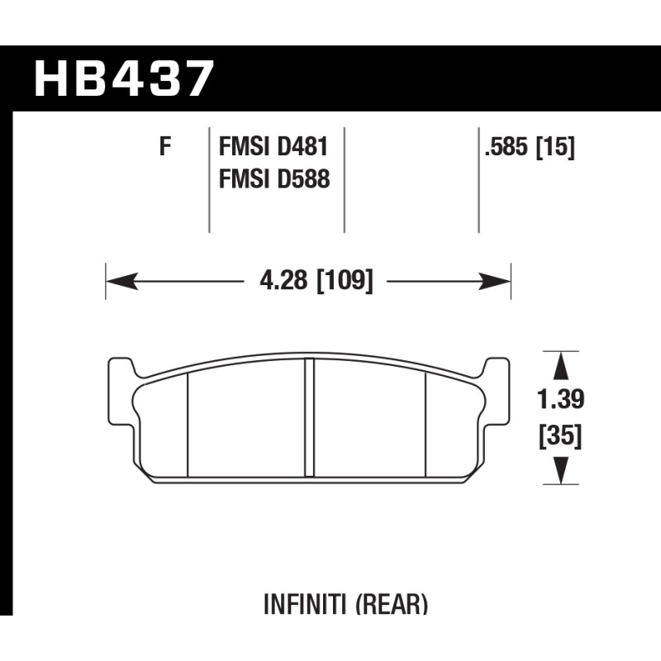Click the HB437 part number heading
(x=124, y=79)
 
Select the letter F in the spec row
(x=165, y=146)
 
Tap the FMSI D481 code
(x=273, y=147)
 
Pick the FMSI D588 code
(x=274, y=178)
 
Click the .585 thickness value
(x=506, y=147)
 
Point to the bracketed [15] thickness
(x=554, y=147)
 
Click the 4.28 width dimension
(x=283, y=280)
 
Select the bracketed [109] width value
(x=345, y=281)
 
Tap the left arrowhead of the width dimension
(x=121, y=281)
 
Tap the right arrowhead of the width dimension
(x=494, y=281)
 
